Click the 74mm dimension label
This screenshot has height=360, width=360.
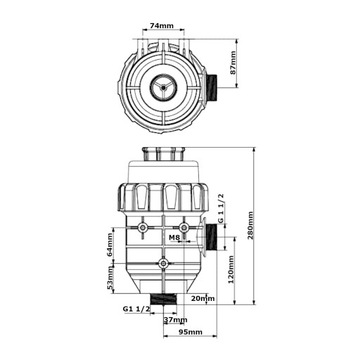(164, 26)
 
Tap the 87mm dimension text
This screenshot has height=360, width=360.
(233, 63)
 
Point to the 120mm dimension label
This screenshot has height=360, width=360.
(232, 268)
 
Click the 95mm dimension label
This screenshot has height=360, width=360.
(191, 332)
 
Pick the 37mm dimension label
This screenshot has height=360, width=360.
(175, 320)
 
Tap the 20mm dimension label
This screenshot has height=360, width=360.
(203, 298)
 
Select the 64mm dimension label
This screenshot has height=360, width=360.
(110, 244)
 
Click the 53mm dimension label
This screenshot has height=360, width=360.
(110, 279)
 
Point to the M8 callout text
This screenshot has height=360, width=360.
(174, 237)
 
